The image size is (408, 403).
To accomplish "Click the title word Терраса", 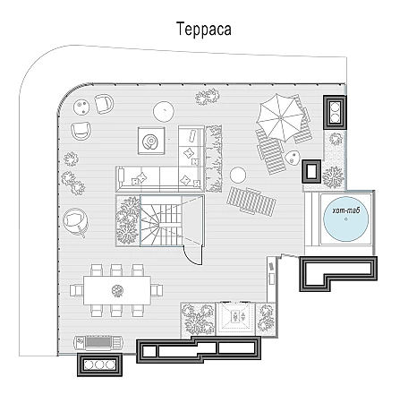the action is pos(204,29).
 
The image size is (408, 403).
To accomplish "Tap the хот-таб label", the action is pos(346,210).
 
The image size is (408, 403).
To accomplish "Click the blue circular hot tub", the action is pos(346,219).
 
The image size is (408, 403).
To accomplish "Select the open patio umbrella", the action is pos(280,117).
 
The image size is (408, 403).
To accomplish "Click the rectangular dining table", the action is pos(117,290).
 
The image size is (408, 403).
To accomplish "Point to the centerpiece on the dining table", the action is pos(117,290).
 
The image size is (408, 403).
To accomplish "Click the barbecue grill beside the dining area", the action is pos(98,343).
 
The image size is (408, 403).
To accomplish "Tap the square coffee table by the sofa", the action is pos(151,141).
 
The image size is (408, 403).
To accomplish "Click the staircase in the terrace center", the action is pos(161,220).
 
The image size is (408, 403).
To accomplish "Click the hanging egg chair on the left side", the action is pos(75,222).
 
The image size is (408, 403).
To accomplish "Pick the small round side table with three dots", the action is pos(81,107).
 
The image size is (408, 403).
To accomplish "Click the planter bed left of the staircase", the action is pos(128,220).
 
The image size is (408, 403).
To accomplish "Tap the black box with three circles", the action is pos(99,364).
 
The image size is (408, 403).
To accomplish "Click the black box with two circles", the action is pos(335,112).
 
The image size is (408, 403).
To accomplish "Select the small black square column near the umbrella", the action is pos(311,171).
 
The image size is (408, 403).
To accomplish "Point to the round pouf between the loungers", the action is pos(238,175).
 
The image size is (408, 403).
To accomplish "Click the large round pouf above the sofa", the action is pos(164,111).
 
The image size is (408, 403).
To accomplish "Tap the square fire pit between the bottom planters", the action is pos(236,318).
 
